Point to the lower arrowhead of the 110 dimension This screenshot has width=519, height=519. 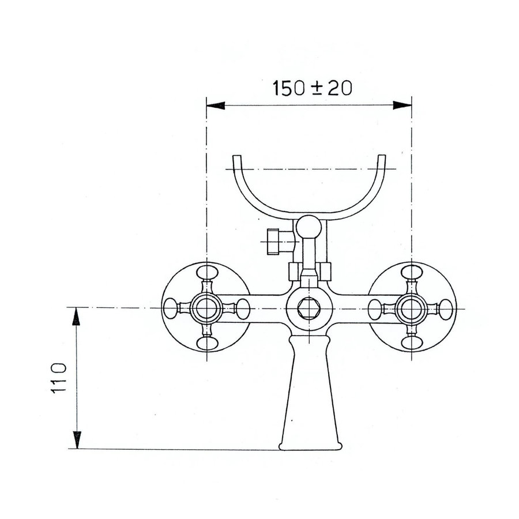76,441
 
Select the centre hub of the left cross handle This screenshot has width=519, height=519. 206,308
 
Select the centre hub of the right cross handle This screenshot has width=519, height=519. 412,308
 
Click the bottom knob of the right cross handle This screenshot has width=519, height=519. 412,343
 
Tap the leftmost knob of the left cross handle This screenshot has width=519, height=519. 171,308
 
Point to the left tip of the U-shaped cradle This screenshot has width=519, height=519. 236,157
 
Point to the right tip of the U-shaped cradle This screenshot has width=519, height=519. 382,157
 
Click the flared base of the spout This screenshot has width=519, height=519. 309,441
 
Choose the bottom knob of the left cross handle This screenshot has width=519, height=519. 206,343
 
